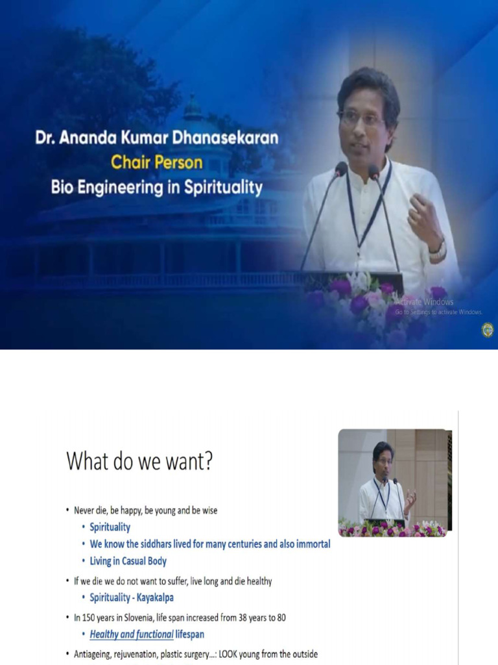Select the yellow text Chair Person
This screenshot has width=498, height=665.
tap(156, 162)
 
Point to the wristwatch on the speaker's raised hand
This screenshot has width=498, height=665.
tap(439, 249)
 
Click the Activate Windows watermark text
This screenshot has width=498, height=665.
tap(424, 302)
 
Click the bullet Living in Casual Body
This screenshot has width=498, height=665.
tap(129, 560)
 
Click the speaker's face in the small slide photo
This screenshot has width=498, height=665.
tap(382, 459)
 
